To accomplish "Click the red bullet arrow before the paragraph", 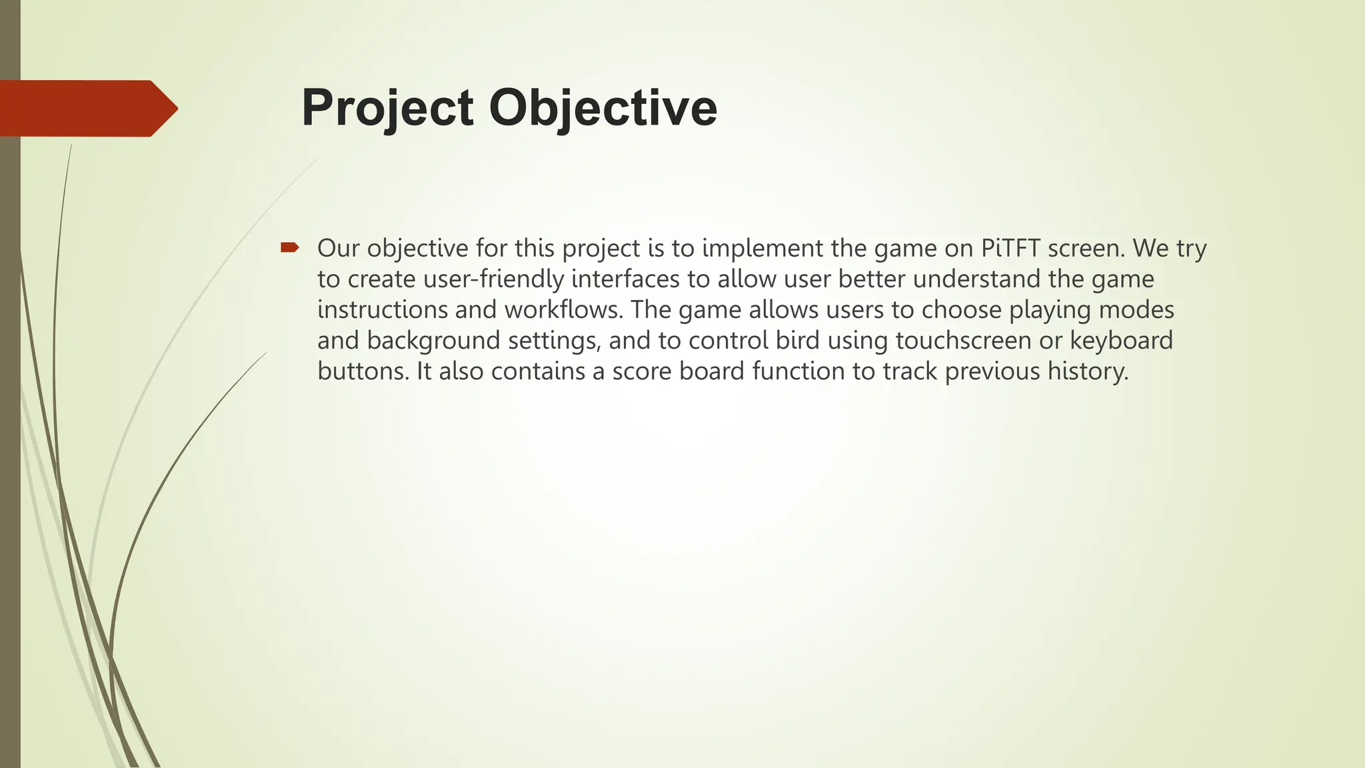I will tap(289, 248).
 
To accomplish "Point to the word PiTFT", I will tap(1010, 248).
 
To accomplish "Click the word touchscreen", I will tap(963, 340).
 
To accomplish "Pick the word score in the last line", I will tap(642, 371).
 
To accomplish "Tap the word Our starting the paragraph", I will tap(338, 248).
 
